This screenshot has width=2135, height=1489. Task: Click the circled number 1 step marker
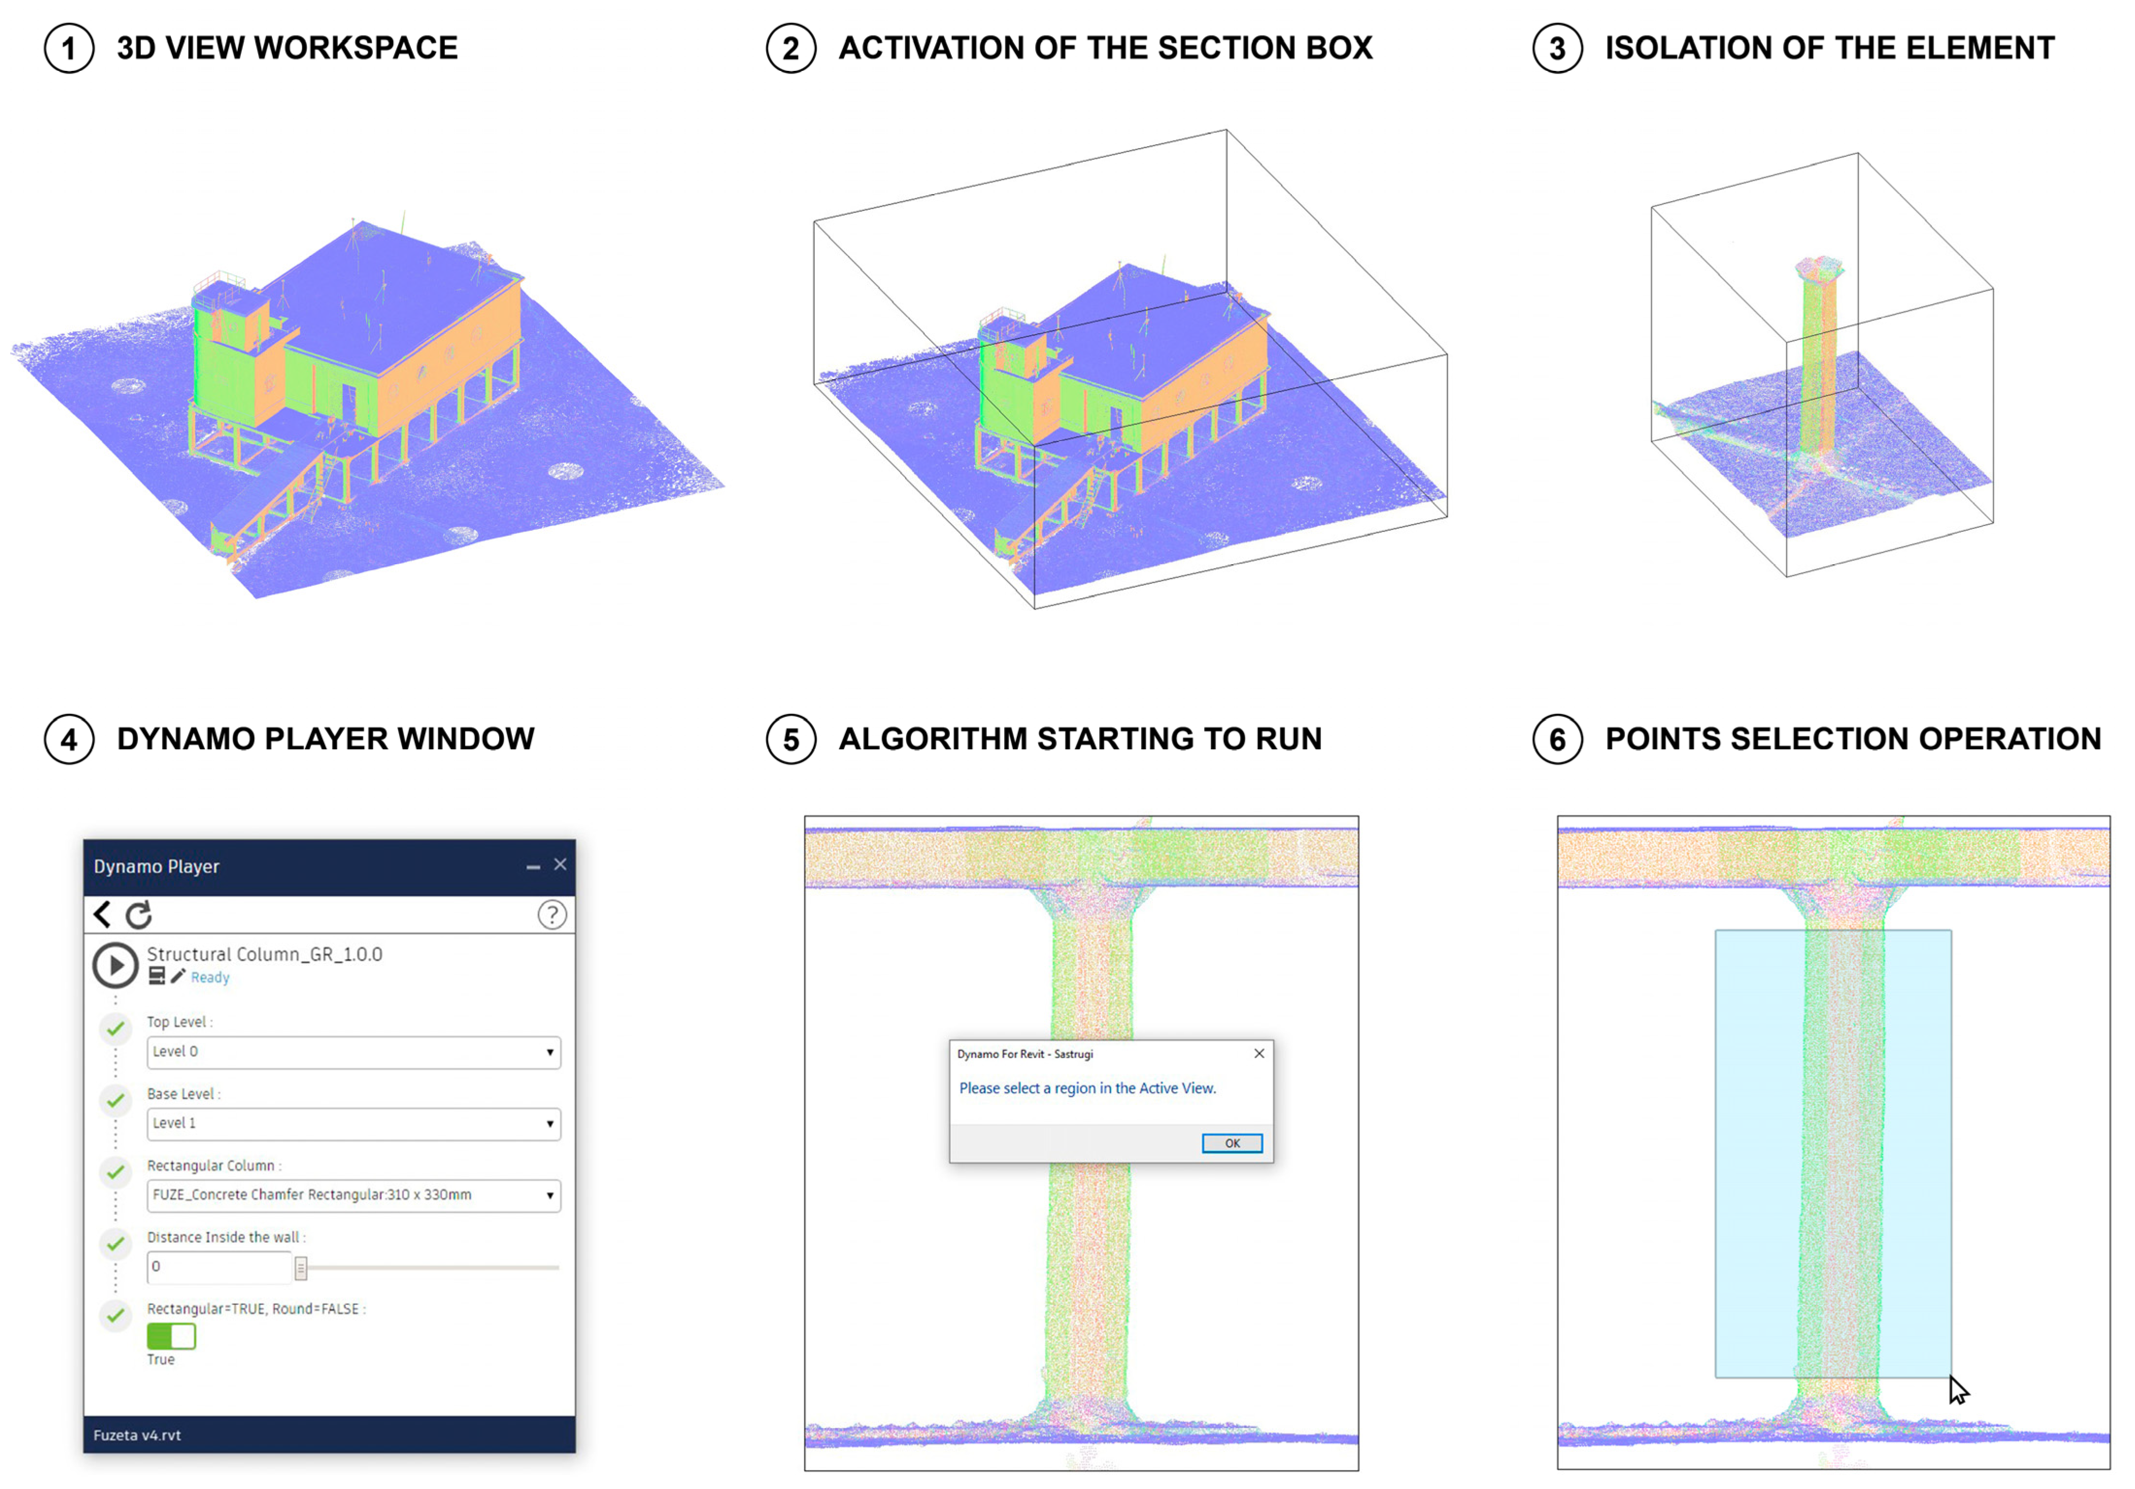(69, 49)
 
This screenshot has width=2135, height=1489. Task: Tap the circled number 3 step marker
(1558, 49)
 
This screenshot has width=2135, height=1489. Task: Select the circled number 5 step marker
(790, 739)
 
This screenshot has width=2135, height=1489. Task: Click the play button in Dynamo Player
(115, 965)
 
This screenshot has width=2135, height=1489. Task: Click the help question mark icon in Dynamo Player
(552, 915)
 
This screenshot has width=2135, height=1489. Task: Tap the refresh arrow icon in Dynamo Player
(138, 915)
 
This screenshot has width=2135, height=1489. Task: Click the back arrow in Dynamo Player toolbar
(102, 915)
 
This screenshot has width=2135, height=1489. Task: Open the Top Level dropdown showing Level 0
(353, 1052)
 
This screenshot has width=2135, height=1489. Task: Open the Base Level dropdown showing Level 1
(353, 1123)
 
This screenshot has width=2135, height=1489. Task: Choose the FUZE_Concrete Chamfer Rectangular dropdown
(353, 1195)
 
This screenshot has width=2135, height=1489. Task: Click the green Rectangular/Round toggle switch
(171, 1337)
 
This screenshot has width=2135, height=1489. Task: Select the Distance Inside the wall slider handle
(301, 1268)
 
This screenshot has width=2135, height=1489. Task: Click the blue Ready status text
(210, 978)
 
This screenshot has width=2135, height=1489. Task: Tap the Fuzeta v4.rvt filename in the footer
(137, 1435)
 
